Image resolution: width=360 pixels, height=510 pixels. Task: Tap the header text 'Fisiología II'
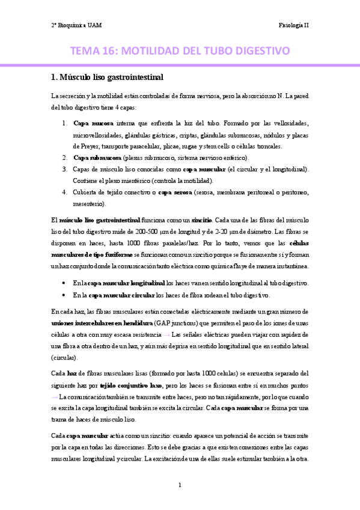[293, 25]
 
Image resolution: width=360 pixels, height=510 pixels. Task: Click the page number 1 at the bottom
[180, 484]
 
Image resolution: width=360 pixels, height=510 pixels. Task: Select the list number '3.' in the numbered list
[64, 169]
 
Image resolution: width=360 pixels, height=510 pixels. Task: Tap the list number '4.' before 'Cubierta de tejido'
[64, 192]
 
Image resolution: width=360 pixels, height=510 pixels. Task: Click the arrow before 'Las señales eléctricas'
[166, 334]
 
